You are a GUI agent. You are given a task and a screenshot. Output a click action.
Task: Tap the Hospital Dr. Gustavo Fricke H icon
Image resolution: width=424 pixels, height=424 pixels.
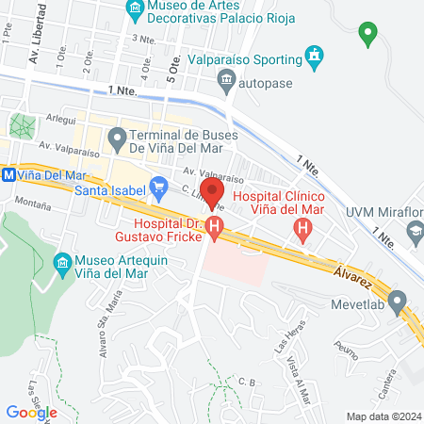coord(216,226)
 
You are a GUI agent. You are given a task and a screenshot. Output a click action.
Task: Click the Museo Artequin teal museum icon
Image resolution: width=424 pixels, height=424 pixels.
coord(63,261)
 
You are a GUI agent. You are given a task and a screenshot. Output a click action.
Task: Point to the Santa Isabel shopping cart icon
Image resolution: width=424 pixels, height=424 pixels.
coord(158,186)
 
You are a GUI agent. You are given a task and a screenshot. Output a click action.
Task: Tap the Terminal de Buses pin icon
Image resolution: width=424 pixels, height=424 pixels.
coord(117,140)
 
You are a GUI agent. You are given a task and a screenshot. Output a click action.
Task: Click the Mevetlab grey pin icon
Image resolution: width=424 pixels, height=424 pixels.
coord(398,304)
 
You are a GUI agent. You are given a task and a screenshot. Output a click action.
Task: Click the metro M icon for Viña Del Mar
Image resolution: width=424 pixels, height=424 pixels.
coord(8,175)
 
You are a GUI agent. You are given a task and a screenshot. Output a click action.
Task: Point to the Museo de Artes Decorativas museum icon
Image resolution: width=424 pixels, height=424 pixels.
coord(134,10)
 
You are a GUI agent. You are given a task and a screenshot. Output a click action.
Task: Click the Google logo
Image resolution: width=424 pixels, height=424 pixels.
coord(32,412)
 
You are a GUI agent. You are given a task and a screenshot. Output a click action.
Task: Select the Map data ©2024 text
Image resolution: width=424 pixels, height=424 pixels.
coord(382,416)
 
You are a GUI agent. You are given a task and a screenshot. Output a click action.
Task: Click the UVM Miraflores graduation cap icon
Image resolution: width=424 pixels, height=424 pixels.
coord(415,232)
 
